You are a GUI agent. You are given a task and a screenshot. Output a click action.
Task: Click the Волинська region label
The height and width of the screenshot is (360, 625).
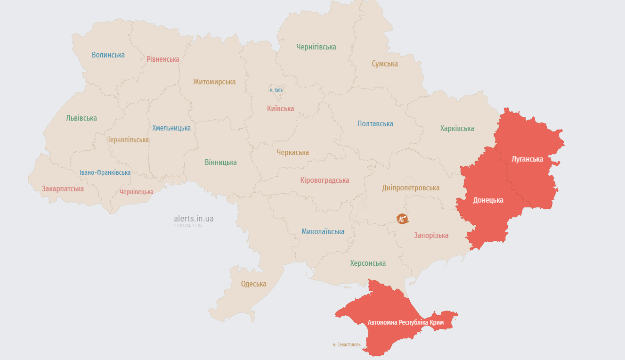108,55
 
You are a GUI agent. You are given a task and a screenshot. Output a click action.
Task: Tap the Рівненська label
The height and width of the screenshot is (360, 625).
163,59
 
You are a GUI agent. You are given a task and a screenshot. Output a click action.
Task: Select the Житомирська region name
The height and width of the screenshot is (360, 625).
214,82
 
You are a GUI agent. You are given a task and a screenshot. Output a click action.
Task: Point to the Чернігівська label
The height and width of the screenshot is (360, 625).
316,47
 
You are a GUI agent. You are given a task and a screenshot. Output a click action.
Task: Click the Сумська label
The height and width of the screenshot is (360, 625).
385,64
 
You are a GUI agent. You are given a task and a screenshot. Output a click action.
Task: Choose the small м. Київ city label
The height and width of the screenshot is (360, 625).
276,90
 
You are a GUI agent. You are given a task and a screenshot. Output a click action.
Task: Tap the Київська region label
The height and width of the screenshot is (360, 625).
280,108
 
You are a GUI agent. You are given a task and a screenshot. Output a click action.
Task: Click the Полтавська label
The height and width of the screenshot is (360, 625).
375,123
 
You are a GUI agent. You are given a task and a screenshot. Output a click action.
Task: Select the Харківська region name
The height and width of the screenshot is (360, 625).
457,128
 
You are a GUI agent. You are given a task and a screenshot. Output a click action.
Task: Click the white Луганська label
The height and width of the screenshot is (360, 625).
528,159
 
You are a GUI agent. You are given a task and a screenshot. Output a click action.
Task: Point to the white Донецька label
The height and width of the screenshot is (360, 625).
488,200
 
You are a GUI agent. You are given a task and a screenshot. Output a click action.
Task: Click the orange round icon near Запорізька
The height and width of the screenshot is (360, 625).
402,219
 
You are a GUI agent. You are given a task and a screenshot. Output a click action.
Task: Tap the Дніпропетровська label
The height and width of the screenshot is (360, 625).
411,188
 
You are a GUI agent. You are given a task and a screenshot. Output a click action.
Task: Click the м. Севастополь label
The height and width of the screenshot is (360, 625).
347,344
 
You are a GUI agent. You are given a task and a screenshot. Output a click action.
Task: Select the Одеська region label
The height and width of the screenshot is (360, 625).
254,284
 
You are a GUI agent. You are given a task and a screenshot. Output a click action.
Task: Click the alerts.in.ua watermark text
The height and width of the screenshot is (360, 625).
194,218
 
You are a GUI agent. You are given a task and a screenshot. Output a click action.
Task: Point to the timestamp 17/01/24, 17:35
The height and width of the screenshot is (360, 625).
188,226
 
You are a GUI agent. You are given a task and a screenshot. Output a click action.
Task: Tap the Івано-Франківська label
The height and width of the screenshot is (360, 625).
105,172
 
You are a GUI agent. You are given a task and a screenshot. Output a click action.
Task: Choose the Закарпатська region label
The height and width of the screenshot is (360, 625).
63,188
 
